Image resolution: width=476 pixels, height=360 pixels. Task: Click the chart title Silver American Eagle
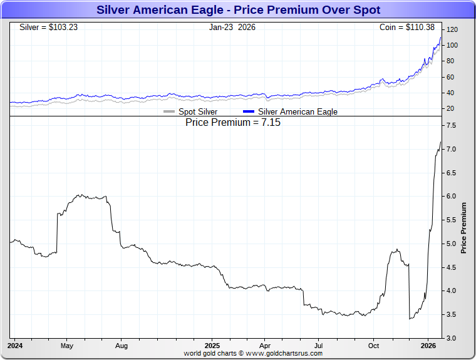(238, 10)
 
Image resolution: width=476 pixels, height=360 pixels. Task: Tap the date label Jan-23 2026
(232, 28)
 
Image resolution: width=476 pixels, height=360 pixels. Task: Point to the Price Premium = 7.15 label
(233, 123)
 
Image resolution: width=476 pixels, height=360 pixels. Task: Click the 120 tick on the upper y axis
(452, 30)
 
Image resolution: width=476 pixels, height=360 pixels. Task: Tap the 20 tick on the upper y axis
(450, 109)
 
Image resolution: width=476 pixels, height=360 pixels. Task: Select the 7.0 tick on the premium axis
(451, 150)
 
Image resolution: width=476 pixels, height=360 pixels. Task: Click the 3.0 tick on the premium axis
(451, 338)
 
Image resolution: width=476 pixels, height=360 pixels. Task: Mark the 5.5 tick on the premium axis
(451, 220)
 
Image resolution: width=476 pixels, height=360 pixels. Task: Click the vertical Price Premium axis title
(464, 227)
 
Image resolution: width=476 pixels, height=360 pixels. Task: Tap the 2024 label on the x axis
(15, 346)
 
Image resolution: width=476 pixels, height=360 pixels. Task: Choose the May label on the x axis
(67, 346)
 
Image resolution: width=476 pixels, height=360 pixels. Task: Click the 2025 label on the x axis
(212, 346)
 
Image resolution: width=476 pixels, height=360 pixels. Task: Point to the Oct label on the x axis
(373, 346)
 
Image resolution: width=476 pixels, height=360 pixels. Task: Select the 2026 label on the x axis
(428, 346)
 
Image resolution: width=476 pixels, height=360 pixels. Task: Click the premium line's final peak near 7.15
(440, 142)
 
